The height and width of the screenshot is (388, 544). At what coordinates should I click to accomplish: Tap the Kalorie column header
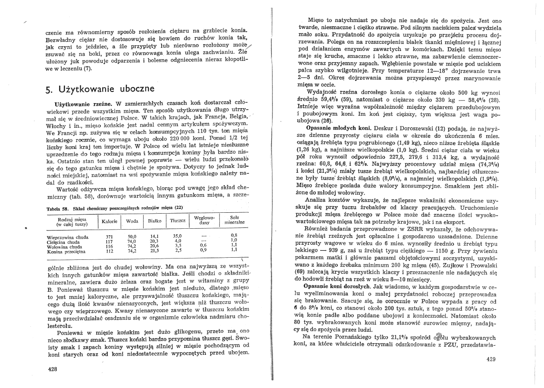(109, 221)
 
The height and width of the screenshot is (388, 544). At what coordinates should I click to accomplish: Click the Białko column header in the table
(154, 221)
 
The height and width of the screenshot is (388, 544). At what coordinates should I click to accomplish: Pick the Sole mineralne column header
(234, 221)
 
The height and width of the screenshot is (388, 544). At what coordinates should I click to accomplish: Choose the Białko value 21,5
(154, 251)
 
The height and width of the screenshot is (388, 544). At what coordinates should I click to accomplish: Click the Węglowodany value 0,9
(203, 251)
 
